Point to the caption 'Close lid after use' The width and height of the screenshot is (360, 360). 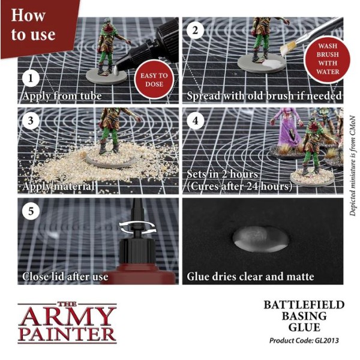65,277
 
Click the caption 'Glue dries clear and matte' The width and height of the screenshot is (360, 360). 251,277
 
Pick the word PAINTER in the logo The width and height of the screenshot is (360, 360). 66,334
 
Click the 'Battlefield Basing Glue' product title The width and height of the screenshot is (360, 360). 304,316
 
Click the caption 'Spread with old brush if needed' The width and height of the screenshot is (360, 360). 265,96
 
